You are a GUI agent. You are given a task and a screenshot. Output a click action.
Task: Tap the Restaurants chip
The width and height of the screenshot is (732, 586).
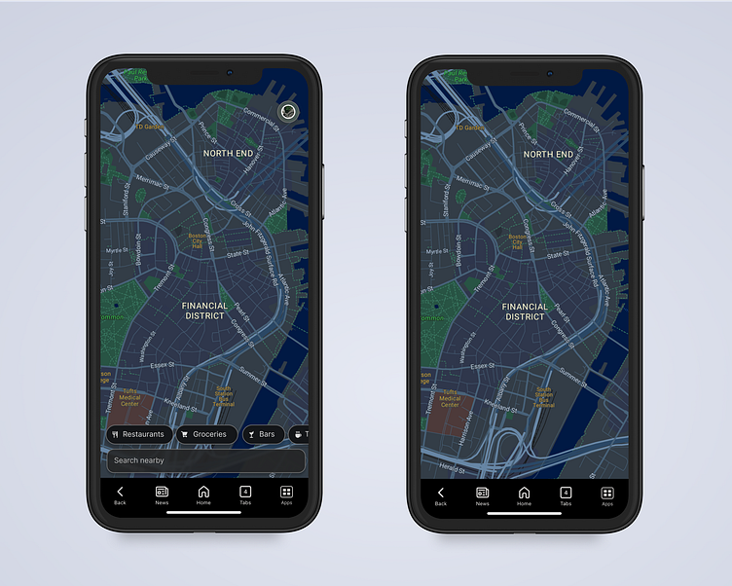click(x=139, y=434)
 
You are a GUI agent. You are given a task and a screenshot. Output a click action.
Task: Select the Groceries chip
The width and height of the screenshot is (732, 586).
click(x=205, y=434)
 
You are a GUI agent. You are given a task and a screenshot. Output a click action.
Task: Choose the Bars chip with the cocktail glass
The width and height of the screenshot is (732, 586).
click(x=263, y=434)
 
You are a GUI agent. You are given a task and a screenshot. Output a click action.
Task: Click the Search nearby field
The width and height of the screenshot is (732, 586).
click(x=205, y=460)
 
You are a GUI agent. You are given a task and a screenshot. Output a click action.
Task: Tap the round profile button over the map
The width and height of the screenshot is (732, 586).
click(x=288, y=112)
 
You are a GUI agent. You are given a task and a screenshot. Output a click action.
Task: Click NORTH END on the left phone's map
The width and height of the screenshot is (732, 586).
click(x=228, y=154)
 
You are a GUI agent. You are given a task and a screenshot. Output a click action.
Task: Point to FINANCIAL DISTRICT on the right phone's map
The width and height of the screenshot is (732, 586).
click(x=525, y=311)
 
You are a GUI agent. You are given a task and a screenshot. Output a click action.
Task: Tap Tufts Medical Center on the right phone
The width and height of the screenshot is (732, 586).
click(x=450, y=399)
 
